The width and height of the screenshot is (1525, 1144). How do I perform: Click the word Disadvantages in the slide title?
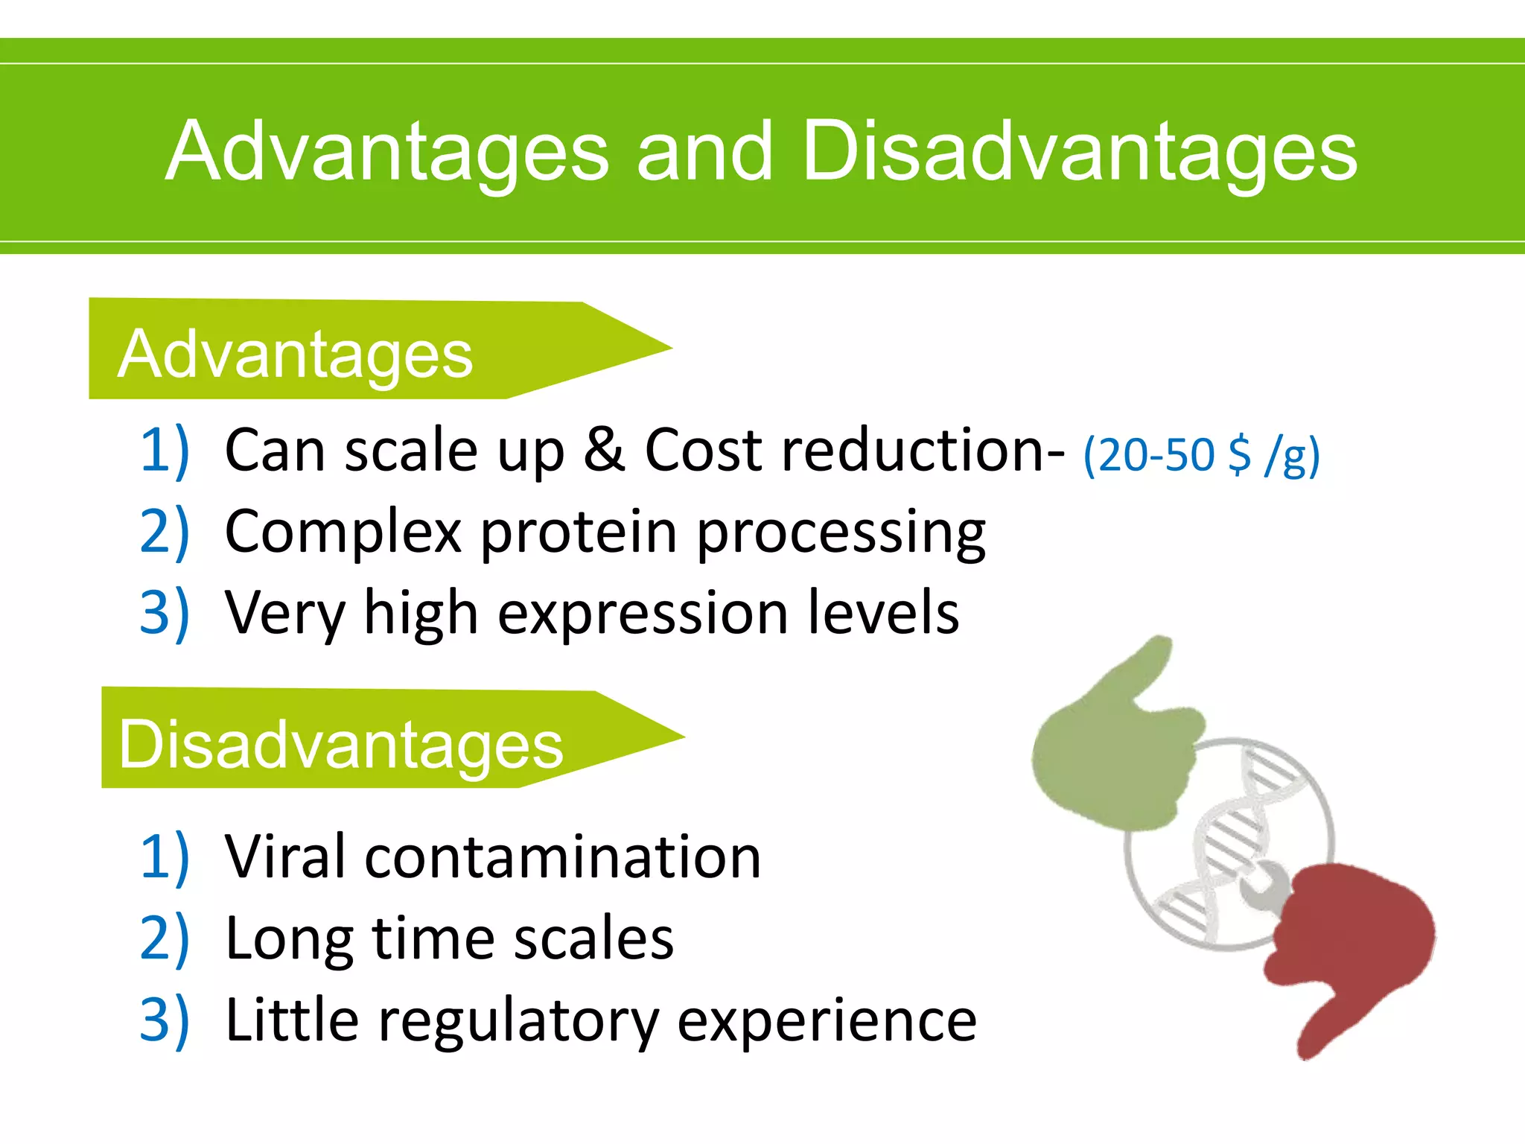tap(1080, 153)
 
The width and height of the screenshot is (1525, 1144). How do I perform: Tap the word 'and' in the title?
tap(704, 153)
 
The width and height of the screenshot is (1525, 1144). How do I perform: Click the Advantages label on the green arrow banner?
tap(295, 355)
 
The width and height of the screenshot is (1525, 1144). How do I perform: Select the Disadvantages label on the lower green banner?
tap(341, 745)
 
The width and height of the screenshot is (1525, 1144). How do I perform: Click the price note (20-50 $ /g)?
tap(1200, 455)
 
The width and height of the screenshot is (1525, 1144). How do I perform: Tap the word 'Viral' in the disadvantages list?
tap(286, 857)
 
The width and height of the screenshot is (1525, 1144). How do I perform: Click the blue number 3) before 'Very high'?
tap(165, 614)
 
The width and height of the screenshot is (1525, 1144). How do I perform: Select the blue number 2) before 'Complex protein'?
tap(165, 533)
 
